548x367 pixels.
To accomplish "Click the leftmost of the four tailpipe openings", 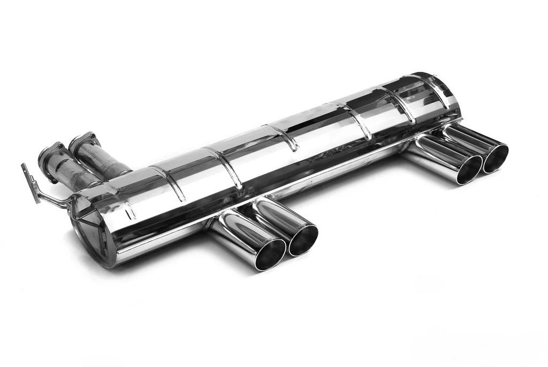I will [270, 254].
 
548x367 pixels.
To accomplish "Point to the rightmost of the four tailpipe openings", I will [495, 158].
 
